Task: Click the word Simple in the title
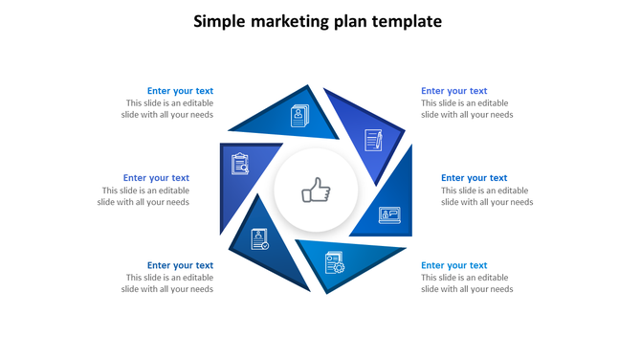click(x=219, y=21)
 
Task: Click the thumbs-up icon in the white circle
click(x=316, y=191)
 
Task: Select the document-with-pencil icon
click(x=373, y=141)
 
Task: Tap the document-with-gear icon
click(x=334, y=261)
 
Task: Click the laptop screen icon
click(x=389, y=214)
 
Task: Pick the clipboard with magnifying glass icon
click(x=240, y=164)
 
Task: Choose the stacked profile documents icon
click(x=300, y=116)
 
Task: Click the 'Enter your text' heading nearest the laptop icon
click(x=474, y=178)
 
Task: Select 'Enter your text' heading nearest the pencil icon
click(x=453, y=92)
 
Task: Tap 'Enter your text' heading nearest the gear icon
click(x=453, y=266)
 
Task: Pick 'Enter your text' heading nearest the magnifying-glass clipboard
click(x=156, y=178)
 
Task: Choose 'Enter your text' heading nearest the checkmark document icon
click(x=180, y=266)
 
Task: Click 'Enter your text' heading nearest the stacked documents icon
click(x=180, y=92)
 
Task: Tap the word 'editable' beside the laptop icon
click(x=512, y=191)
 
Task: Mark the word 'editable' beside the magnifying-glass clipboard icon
click(x=169, y=191)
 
